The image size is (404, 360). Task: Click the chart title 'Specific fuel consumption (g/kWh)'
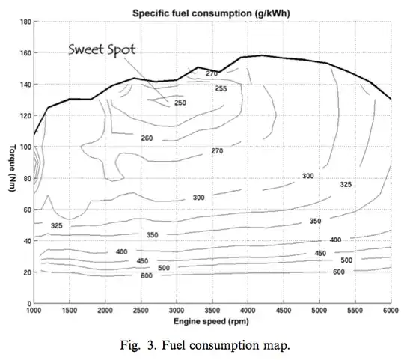(x=212, y=13)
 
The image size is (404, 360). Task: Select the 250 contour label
(x=180, y=103)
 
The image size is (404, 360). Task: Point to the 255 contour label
(x=221, y=88)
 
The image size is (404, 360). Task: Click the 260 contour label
(x=147, y=138)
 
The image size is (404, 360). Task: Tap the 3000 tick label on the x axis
(x=177, y=310)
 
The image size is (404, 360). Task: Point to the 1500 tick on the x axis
(x=69, y=310)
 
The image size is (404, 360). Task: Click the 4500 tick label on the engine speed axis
(x=284, y=310)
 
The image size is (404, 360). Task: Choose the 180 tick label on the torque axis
(x=24, y=23)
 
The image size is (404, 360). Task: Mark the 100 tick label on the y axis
(x=24, y=147)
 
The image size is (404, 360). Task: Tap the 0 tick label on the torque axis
(x=28, y=302)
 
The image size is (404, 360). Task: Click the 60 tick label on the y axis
(x=25, y=210)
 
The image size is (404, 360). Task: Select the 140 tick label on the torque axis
(x=24, y=85)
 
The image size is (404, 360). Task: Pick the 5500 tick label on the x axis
(x=355, y=310)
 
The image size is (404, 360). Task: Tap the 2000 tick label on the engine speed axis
(x=105, y=310)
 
